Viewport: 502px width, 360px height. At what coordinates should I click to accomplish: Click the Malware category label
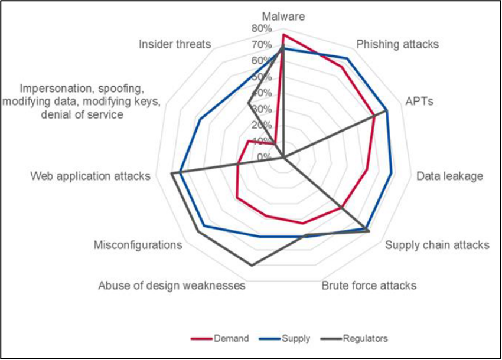283,17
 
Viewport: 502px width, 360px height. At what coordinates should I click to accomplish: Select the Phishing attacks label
397,44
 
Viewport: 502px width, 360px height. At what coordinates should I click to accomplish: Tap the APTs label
419,102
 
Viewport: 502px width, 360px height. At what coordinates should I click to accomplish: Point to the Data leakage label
449,176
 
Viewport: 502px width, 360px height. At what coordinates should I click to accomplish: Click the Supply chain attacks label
437,244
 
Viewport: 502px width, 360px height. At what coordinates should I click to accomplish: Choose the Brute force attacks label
369,286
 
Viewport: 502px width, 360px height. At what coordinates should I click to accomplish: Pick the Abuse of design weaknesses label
171,286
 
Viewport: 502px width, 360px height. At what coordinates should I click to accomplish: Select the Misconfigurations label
138,245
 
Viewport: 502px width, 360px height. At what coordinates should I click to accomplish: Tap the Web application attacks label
90,176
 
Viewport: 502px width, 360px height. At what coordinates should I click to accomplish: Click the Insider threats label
175,44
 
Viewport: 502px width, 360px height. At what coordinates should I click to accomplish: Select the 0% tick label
264,157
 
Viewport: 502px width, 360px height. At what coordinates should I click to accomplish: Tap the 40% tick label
262,93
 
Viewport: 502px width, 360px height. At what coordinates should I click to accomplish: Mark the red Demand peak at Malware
283,35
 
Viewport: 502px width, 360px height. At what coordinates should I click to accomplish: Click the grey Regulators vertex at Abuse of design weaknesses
252,266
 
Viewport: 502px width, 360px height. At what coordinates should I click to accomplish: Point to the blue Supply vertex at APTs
386,110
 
